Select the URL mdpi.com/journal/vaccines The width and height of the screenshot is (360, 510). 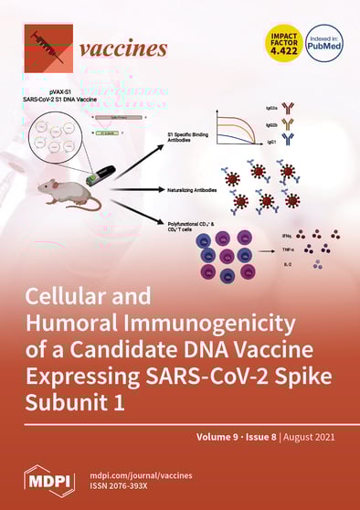point(139,473)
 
